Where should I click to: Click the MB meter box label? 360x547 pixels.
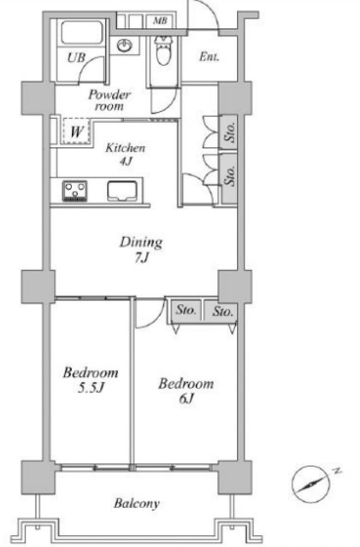[160, 21]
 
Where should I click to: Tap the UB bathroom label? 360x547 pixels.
[76, 57]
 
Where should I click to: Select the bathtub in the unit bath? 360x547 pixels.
[82, 33]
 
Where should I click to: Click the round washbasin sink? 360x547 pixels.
[124, 45]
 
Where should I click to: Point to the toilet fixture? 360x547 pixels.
[163, 50]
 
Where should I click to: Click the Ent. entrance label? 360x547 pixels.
[209, 57]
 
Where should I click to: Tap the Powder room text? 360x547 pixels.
[109, 100]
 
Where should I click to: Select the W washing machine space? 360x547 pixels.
[77, 131]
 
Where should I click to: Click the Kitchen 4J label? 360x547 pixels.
[125, 154]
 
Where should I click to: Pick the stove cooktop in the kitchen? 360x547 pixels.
[74, 191]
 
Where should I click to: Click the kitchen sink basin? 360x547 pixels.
[121, 191]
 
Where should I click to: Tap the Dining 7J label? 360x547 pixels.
[141, 250]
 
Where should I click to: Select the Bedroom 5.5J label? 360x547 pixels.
[91, 379]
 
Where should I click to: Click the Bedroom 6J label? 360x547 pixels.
[186, 391]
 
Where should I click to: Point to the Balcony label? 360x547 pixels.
[137, 503]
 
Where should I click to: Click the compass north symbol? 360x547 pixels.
[311, 485]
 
